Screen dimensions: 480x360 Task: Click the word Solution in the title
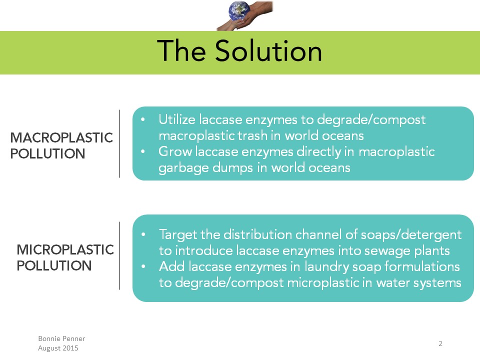coord(268,51)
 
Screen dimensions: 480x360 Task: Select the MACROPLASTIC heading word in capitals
coord(61,138)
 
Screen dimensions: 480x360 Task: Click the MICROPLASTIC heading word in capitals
coord(65,250)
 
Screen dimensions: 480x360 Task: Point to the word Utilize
coord(176,119)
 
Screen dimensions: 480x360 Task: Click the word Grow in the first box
coord(175,151)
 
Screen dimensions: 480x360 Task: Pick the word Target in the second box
coord(178,235)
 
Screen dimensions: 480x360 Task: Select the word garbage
coord(183,168)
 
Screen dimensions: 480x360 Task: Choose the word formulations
coord(422,266)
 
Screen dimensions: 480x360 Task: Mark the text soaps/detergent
coord(411,235)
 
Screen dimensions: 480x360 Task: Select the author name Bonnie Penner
coord(61,338)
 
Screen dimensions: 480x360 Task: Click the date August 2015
coord(58,348)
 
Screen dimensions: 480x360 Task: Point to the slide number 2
coord(440,343)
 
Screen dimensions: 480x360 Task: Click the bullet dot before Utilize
coord(142,119)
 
